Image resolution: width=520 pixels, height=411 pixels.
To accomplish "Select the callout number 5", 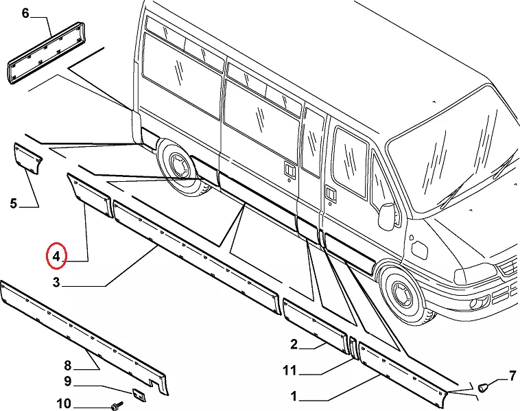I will [x=14, y=203].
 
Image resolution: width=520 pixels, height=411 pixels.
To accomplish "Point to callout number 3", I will [x=58, y=283].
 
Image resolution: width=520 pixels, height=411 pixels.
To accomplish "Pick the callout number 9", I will [x=67, y=381].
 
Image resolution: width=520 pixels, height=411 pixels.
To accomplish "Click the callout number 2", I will [x=294, y=344].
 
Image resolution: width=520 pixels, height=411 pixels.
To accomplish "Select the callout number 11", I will [x=289, y=371].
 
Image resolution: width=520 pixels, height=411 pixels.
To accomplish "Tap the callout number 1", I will [x=294, y=396].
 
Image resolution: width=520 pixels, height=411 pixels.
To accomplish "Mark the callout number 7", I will [x=511, y=375].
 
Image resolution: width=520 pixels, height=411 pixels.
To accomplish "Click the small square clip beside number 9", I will [x=139, y=395].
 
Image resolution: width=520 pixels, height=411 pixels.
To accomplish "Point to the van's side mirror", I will [x=386, y=216].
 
